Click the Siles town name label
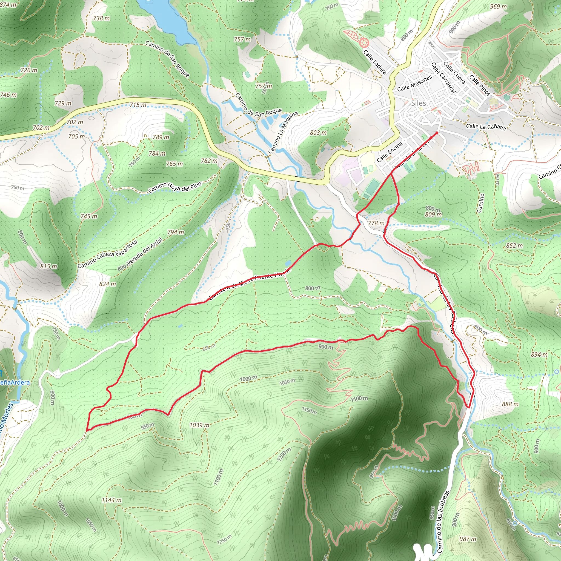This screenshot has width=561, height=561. (419, 103)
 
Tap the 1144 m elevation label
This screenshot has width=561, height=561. (111, 500)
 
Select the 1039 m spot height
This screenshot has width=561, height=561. (199, 425)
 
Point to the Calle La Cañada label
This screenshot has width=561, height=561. (486, 127)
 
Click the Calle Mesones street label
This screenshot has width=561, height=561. (414, 83)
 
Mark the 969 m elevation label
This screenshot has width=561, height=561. (498, 6)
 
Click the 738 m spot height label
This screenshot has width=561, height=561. (101, 18)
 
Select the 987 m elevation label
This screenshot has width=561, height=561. (468, 539)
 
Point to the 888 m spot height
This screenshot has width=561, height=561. (510, 404)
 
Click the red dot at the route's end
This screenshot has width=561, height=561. (437, 133)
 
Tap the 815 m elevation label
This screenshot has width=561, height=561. (49, 266)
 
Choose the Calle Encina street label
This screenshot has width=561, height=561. (390, 152)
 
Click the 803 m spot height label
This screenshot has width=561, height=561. (318, 133)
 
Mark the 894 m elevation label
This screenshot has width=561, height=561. (539, 354)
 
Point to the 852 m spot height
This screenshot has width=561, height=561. (514, 245)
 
